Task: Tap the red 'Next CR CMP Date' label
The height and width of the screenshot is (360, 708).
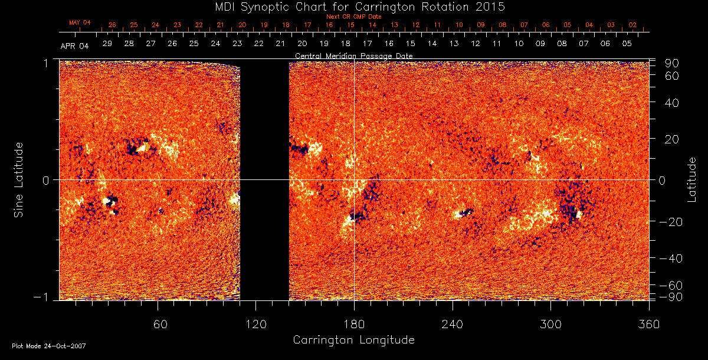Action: point(353,17)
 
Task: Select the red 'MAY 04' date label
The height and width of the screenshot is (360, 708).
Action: point(79,22)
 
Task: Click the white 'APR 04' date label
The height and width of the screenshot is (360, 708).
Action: point(74,45)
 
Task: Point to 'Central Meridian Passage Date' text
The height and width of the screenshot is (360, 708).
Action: point(353,55)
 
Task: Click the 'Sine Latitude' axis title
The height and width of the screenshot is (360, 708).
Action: point(19,179)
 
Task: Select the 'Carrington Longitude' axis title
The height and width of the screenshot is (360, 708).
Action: point(353,340)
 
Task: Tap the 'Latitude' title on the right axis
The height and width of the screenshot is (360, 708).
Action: point(692,179)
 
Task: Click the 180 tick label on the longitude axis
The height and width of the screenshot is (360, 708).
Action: point(354,324)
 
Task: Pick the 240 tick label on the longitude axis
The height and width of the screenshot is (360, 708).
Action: point(453,324)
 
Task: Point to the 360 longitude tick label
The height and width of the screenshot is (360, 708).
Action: point(649,324)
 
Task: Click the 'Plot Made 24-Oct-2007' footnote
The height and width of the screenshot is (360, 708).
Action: point(49,346)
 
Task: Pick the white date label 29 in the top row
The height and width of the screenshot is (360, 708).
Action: point(107,44)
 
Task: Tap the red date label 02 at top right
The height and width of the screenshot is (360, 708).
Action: point(632,25)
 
